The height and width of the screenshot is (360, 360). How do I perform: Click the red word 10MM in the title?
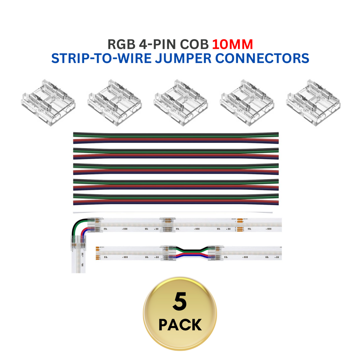(x=232, y=45)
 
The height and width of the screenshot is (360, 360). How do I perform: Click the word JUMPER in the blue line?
(x=183, y=58)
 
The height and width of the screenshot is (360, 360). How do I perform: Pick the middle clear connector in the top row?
(x=180, y=102)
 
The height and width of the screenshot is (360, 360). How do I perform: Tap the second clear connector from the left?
(x=114, y=102)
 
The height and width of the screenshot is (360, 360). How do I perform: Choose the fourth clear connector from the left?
(x=246, y=102)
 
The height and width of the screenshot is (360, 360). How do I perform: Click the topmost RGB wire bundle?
(x=176, y=138)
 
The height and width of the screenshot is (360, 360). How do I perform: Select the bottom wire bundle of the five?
(x=176, y=199)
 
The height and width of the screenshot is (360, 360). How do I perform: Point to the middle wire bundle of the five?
(x=176, y=168)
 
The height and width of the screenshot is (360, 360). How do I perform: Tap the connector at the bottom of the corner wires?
(x=78, y=243)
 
